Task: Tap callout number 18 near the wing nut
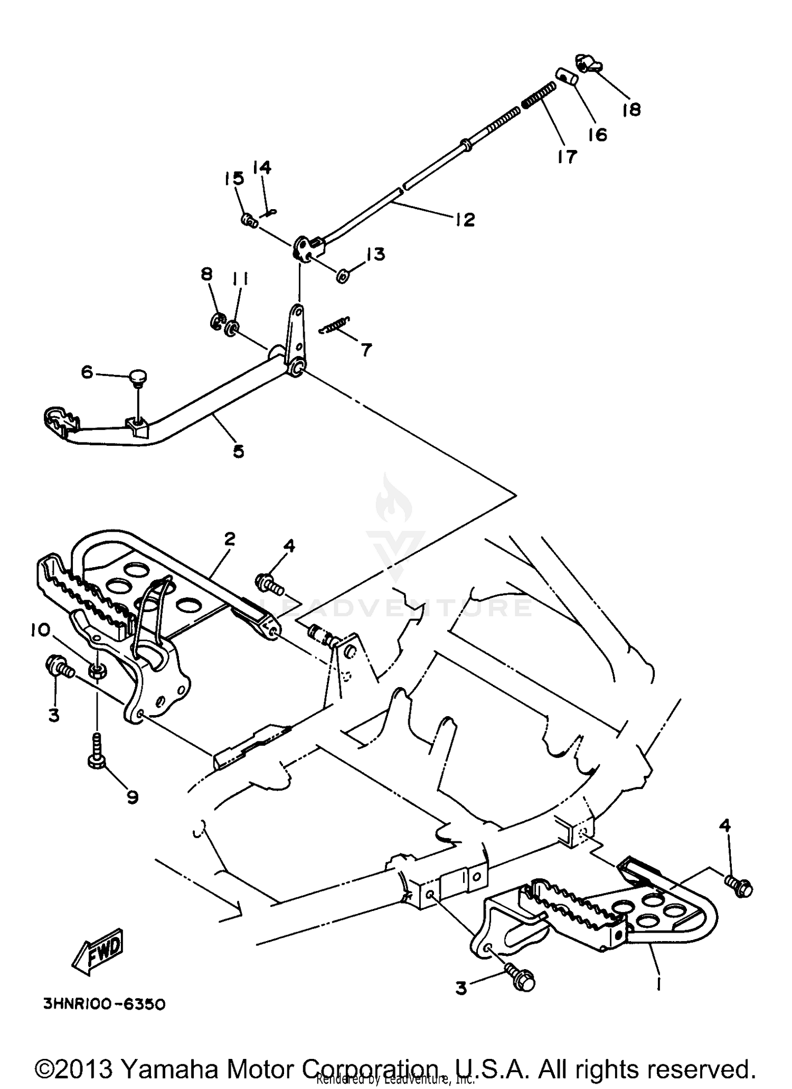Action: click(x=631, y=109)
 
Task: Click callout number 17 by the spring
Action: click(x=567, y=156)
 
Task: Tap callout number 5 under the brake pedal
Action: click(x=239, y=451)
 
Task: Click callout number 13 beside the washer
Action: click(x=376, y=255)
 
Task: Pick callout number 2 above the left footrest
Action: click(x=229, y=539)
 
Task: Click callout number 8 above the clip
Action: click(x=206, y=274)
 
